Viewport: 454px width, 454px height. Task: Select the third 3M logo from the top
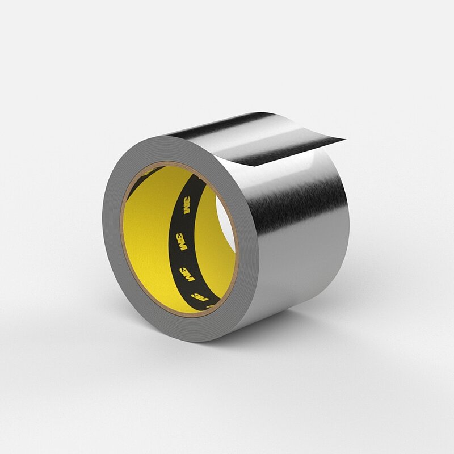click(x=187, y=274)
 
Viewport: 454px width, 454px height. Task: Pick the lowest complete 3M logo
click(x=200, y=297)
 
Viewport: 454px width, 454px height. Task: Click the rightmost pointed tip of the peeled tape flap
click(x=345, y=140)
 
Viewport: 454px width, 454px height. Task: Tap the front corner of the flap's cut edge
click(x=255, y=166)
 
